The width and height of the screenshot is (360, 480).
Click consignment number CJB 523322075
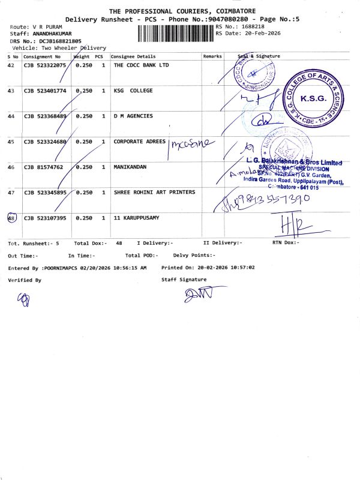coord(45,65)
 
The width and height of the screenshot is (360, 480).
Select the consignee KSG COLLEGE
coord(133,91)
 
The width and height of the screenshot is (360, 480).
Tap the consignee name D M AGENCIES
coord(133,116)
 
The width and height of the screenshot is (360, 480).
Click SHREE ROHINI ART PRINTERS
coord(154,192)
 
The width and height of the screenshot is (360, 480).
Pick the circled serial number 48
coord(11,218)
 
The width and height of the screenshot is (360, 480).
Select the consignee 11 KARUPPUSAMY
coord(137,218)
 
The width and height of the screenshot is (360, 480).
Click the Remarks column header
coord(212,56)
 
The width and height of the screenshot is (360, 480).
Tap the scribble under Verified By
coord(23,298)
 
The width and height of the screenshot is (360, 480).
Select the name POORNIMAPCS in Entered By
coord(59,268)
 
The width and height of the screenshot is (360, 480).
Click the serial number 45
coord(11,142)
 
